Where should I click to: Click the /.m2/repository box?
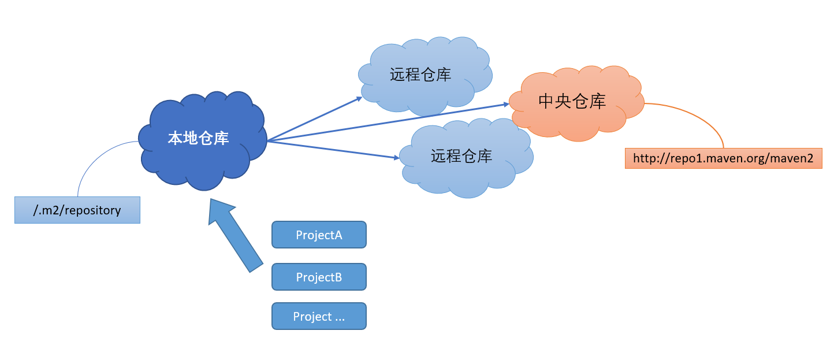pyautogui.click(x=77, y=210)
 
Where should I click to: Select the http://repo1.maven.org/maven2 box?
pyautogui.click(x=723, y=158)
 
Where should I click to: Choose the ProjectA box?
pyautogui.click(x=319, y=235)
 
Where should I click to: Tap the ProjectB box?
pyautogui.click(x=319, y=277)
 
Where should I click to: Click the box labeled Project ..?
pyautogui.click(x=319, y=316)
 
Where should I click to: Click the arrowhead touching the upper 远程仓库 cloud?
pyautogui.click(x=359, y=98)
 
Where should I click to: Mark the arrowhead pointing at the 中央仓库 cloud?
pyautogui.click(x=506, y=105)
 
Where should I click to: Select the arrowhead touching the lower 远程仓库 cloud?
pyautogui.click(x=396, y=157)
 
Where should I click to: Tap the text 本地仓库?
pyautogui.click(x=198, y=138)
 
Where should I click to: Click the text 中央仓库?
pyautogui.click(x=572, y=101)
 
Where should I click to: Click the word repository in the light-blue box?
pyautogui.click(x=92, y=210)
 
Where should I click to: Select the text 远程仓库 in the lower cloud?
pyautogui.click(x=461, y=156)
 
